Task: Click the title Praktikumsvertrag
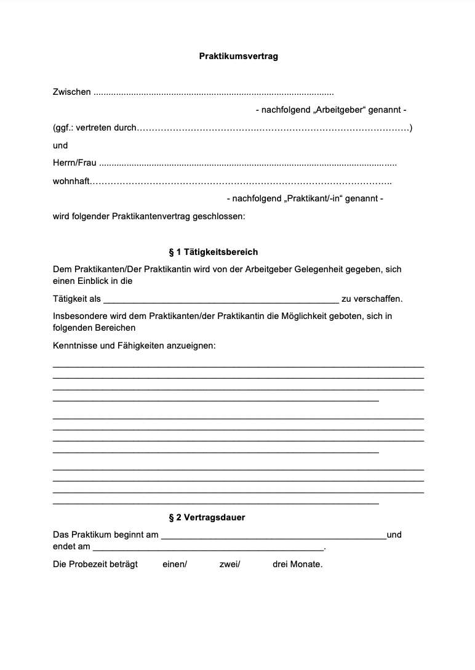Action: click(x=238, y=56)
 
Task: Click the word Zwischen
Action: click(x=71, y=92)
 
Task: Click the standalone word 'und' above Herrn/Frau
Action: click(x=60, y=145)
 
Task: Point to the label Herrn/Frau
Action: click(x=74, y=164)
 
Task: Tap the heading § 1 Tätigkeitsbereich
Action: click(x=213, y=252)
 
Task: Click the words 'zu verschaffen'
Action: click(x=372, y=299)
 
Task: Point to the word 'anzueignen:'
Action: click(x=191, y=345)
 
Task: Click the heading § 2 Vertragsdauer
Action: click(x=207, y=517)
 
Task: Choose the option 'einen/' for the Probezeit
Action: click(x=175, y=564)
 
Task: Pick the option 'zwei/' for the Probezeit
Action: click(x=230, y=564)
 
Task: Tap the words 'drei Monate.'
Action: click(x=297, y=564)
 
